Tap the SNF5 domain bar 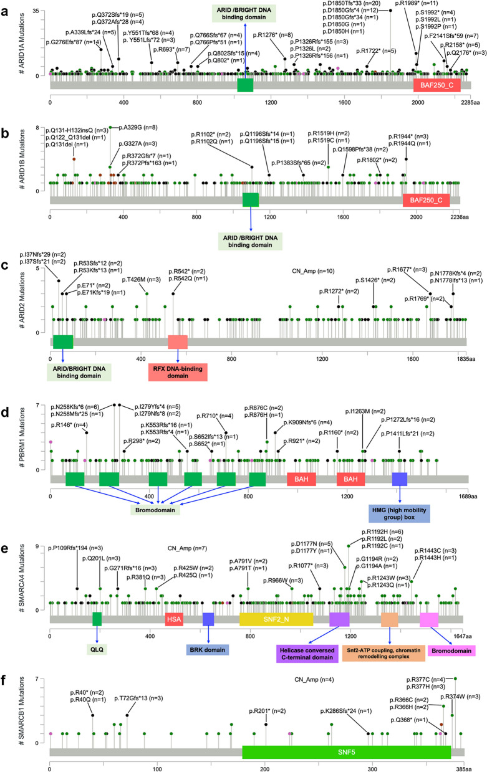[x=346, y=752]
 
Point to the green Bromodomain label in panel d [x=156, y=509]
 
